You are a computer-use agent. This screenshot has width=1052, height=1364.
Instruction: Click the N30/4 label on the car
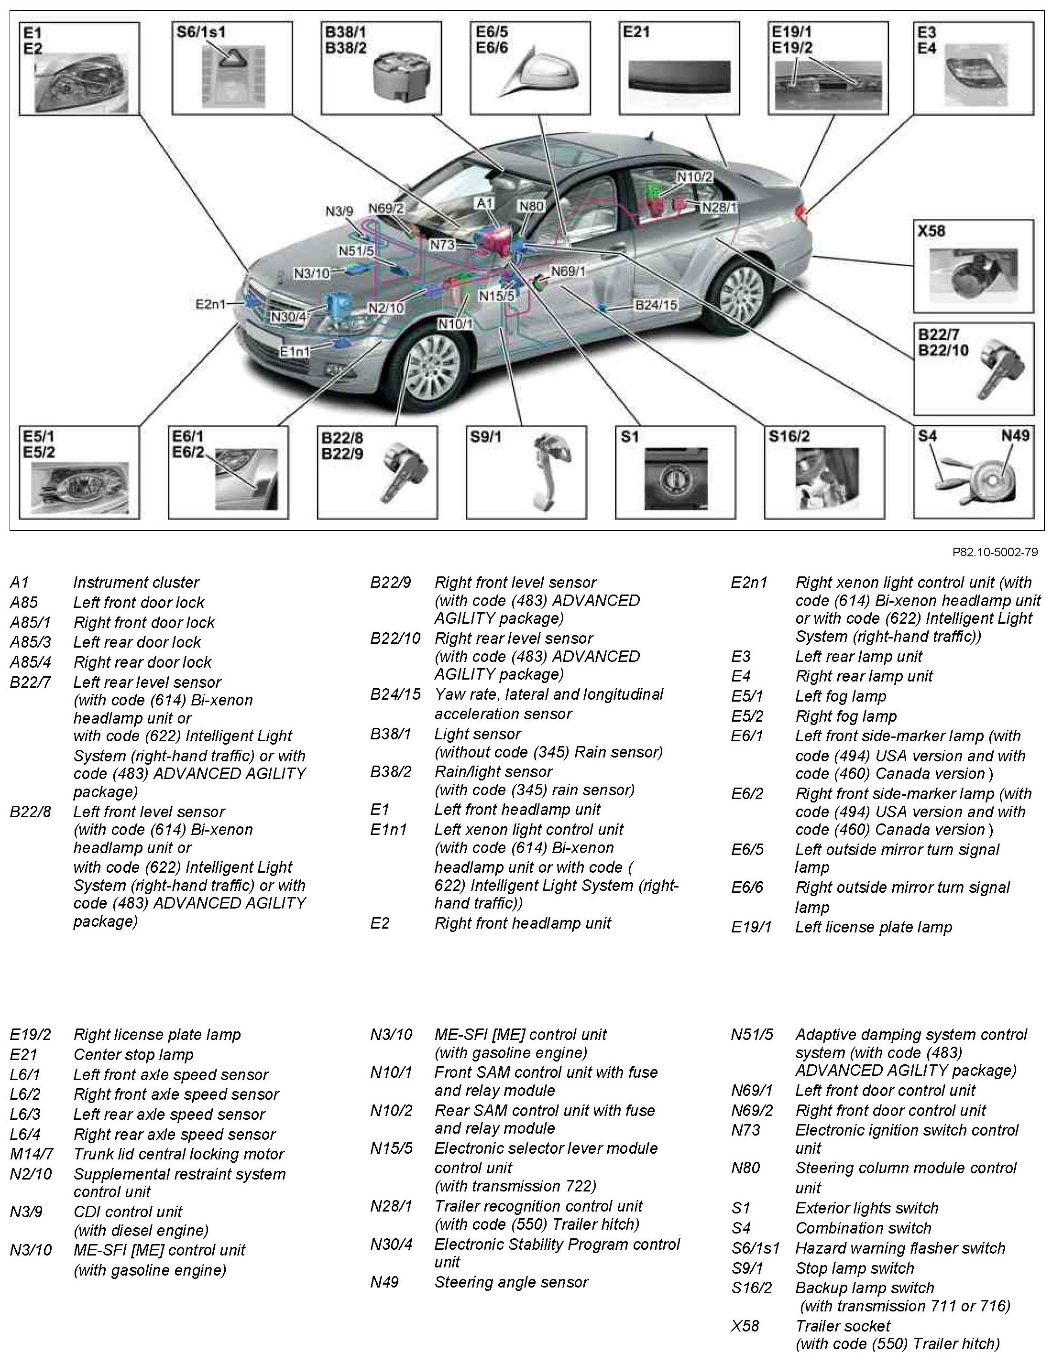pos(289,317)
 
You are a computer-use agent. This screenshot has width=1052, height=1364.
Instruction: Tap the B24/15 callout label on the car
pos(656,305)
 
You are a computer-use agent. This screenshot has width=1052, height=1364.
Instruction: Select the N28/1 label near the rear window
pos(719,207)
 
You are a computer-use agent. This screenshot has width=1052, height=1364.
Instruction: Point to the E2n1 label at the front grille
pos(210,304)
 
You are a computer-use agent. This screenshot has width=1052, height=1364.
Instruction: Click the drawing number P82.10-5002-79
pos(995,552)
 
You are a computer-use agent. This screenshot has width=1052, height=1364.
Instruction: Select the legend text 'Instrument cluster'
pos(135,583)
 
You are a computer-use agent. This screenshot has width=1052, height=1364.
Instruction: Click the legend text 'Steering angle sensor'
pos(511,1282)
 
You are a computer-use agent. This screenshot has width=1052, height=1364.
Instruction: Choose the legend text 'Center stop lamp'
pos(133,1054)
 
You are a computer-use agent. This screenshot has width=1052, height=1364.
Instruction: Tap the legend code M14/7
pos(31,1154)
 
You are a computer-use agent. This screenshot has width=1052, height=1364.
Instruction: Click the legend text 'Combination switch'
pos(863,1228)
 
